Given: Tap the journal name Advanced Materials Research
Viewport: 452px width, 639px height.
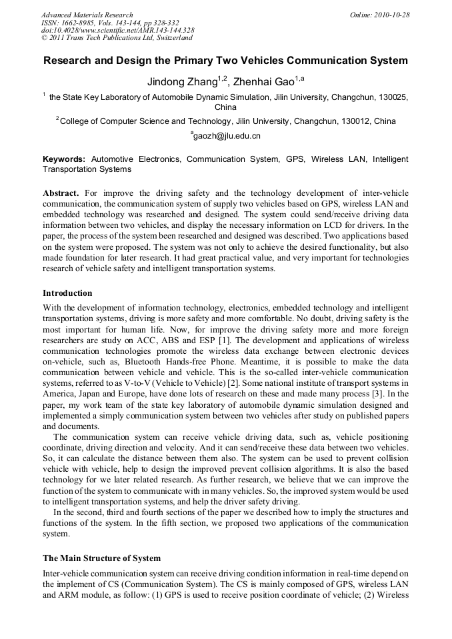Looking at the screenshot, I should pyautogui.click(x=87, y=15).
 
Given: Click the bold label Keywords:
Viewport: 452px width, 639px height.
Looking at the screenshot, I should pyautogui.click(x=64, y=160).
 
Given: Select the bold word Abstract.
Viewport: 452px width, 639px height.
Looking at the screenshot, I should pyautogui.click(x=61, y=193).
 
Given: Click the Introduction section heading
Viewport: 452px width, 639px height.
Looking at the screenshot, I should pyautogui.click(x=67, y=293).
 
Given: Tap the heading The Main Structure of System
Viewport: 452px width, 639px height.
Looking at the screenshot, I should pyautogui.click(x=101, y=558).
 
